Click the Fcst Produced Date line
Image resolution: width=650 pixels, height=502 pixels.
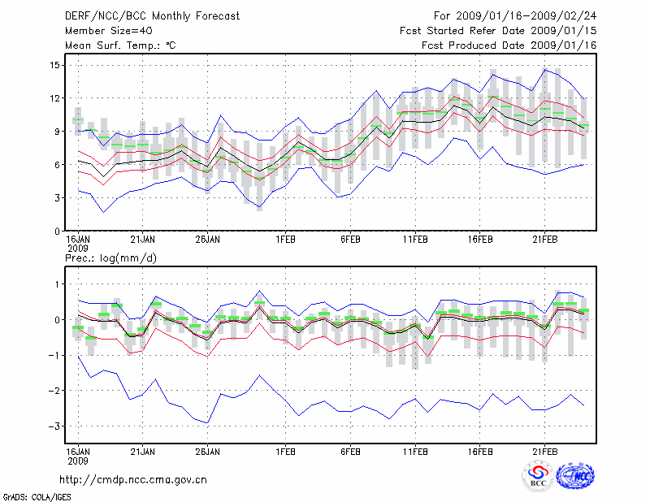[x=509, y=45]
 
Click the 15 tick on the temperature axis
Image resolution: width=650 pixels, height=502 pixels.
[x=55, y=65]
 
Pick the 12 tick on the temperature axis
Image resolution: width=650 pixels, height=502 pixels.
[x=55, y=98]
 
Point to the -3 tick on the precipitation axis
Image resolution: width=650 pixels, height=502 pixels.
[x=54, y=426]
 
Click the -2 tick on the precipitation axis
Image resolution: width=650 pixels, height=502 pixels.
[x=54, y=391]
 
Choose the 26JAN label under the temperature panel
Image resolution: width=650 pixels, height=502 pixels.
[x=207, y=240]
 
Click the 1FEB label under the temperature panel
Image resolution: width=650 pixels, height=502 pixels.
[x=285, y=240]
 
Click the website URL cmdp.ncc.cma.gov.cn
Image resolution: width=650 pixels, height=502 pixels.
[x=133, y=480]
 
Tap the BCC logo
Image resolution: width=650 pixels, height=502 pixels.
[x=538, y=478]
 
